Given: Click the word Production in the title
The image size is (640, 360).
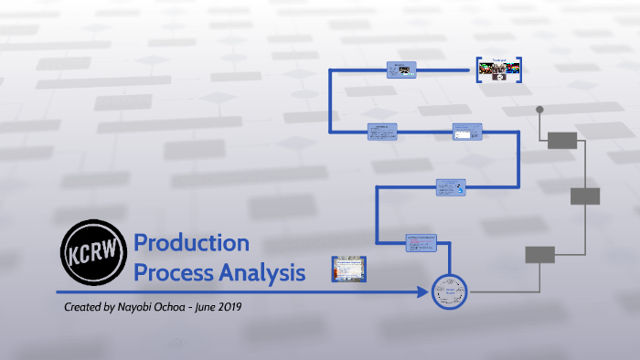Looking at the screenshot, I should click(191, 244).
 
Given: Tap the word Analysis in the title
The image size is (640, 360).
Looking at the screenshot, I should click(261, 272).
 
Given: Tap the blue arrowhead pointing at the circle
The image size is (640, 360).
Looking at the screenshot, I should click(421, 292).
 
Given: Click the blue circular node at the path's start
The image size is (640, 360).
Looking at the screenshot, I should click(449, 292).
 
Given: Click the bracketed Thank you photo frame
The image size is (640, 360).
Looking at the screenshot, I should click(499, 69).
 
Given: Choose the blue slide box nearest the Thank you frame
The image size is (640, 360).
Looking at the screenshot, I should click(401, 69).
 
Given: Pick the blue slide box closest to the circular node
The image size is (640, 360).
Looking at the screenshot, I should click(421, 242).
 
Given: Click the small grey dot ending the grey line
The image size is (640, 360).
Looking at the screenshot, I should click(539, 110).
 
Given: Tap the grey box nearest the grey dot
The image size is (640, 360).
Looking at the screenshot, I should click(562, 140).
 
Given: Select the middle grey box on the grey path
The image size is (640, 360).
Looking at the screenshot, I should click(585, 196).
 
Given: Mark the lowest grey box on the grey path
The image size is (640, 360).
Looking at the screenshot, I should click(539, 255).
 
